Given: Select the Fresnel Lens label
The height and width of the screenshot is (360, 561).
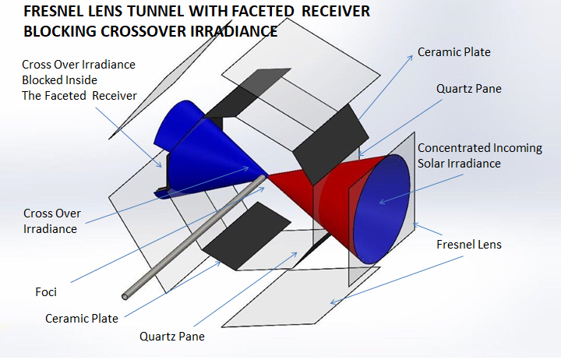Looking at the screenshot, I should pyautogui.click(x=467, y=245).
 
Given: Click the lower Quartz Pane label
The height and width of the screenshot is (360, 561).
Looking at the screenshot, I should pyautogui.click(x=173, y=337).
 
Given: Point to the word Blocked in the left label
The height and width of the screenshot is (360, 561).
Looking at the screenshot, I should pyautogui.click(x=44, y=80).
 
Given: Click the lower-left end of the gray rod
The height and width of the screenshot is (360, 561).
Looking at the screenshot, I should pyautogui.click(x=125, y=295).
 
